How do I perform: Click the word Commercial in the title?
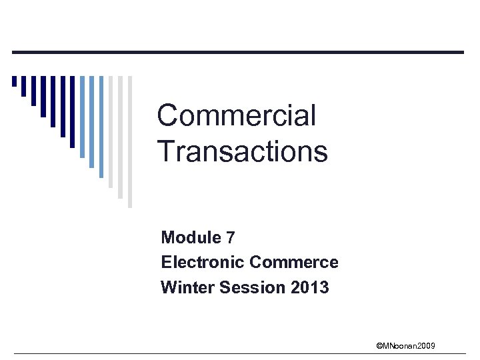(x=237, y=116)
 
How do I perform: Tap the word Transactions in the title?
(x=243, y=151)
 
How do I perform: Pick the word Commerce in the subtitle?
(x=294, y=263)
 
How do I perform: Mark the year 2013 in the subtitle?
(x=310, y=288)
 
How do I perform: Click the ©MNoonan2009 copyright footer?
(x=406, y=345)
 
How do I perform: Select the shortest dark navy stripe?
(x=14, y=82)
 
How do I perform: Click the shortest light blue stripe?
(x=82, y=117)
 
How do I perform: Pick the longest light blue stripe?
(x=101, y=127)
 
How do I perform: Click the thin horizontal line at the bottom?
(x=240, y=353)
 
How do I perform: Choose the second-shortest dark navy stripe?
(x=23, y=87)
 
